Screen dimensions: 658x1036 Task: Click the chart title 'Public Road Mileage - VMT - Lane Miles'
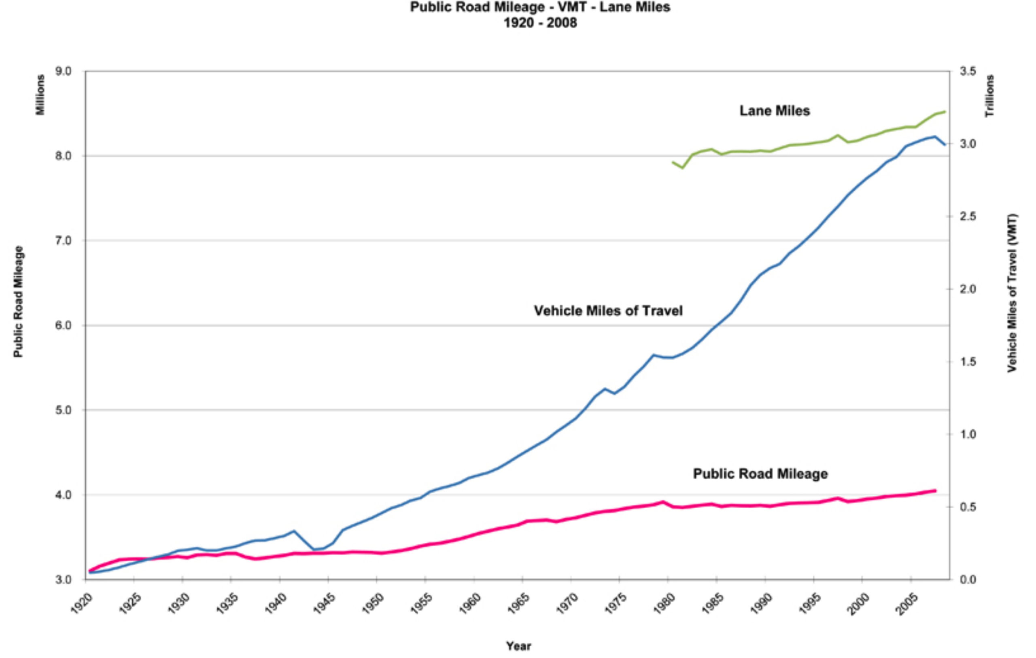pos(540,7)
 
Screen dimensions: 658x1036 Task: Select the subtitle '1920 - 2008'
pos(540,22)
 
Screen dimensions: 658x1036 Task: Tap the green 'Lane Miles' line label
pos(775,111)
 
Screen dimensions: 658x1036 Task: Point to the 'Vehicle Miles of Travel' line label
pos(608,311)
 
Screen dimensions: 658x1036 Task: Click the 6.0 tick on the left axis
pos(63,325)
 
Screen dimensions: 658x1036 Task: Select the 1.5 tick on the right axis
pos(968,362)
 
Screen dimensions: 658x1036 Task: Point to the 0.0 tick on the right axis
pos(968,579)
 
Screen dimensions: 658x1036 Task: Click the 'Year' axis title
pos(518,645)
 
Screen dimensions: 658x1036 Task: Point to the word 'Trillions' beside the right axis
pos(990,96)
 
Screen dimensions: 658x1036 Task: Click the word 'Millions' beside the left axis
pos(40,95)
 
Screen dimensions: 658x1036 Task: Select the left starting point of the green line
pos(673,162)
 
